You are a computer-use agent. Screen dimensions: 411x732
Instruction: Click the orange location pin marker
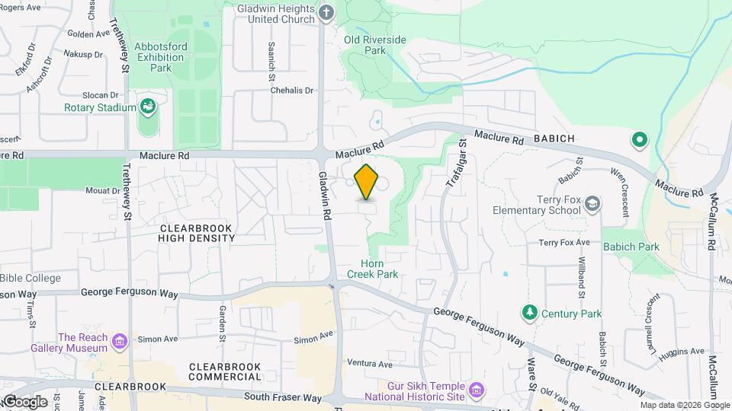pos(367,182)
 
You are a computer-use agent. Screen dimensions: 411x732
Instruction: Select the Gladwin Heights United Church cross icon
pos(327,12)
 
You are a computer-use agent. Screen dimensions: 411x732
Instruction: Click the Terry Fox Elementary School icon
pos(592,204)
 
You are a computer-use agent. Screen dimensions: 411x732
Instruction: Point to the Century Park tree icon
pos(528,313)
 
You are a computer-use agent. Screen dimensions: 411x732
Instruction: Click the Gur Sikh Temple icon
pos(477,390)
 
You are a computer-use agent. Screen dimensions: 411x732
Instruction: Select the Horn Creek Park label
pos(373,268)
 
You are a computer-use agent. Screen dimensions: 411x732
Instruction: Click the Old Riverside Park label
pos(375,45)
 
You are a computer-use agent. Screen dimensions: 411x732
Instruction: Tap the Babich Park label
pos(631,247)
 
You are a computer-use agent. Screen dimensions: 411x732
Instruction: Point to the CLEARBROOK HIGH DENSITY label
pos(197,233)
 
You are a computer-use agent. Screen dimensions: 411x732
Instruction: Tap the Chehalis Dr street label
pos(292,90)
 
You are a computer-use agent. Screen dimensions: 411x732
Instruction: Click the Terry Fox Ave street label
pos(564,242)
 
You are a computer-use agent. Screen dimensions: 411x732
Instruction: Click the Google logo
pos(24,402)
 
